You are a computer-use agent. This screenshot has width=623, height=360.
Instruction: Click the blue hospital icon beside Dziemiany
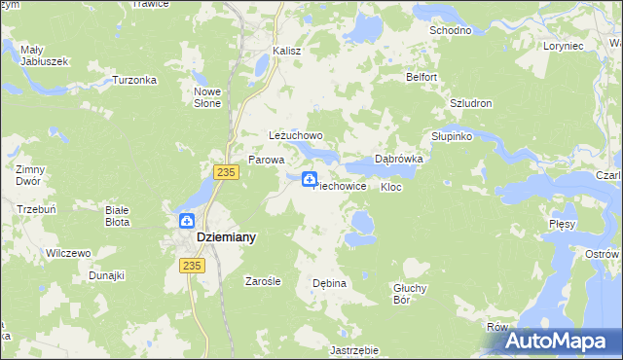coord(185,221)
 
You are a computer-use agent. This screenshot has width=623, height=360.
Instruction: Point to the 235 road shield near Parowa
coord(226,171)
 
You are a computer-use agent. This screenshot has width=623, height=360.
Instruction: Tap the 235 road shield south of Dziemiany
coord(191,265)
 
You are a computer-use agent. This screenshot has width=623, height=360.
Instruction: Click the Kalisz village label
coord(287,51)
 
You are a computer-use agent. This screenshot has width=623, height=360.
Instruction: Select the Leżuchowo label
coord(295,136)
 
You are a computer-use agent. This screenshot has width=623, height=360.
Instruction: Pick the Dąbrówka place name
coord(398,159)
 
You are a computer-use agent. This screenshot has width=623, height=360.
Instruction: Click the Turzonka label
coord(134,80)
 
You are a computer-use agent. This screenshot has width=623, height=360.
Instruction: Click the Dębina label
coord(329,283)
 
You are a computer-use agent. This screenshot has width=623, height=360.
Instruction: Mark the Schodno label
coord(451,30)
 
